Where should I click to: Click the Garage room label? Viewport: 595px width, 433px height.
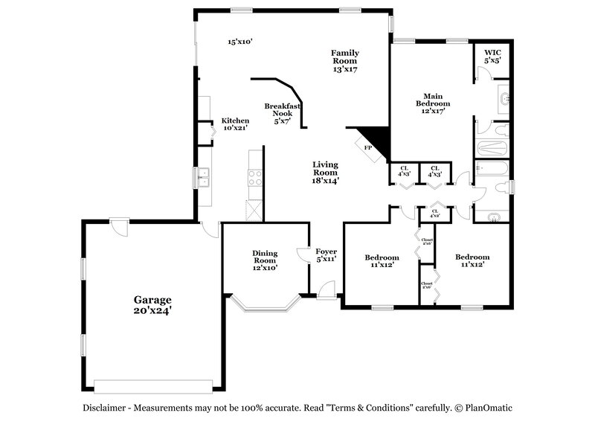click(x=152, y=305)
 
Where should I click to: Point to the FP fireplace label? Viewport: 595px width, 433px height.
click(x=367, y=148)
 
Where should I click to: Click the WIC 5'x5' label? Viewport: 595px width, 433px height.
click(x=492, y=57)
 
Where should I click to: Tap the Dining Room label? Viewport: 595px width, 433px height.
click(x=265, y=260)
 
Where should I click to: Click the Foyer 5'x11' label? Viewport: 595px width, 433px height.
click(x=327, y=255)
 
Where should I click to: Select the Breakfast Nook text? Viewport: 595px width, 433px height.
click(x=283, y=112)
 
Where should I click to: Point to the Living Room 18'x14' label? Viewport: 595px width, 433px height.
click(x=326, y=173)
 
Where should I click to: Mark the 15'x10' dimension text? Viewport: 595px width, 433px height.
click(x=240, y=42)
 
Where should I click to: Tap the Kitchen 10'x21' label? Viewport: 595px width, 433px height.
click(x=235, y=124)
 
